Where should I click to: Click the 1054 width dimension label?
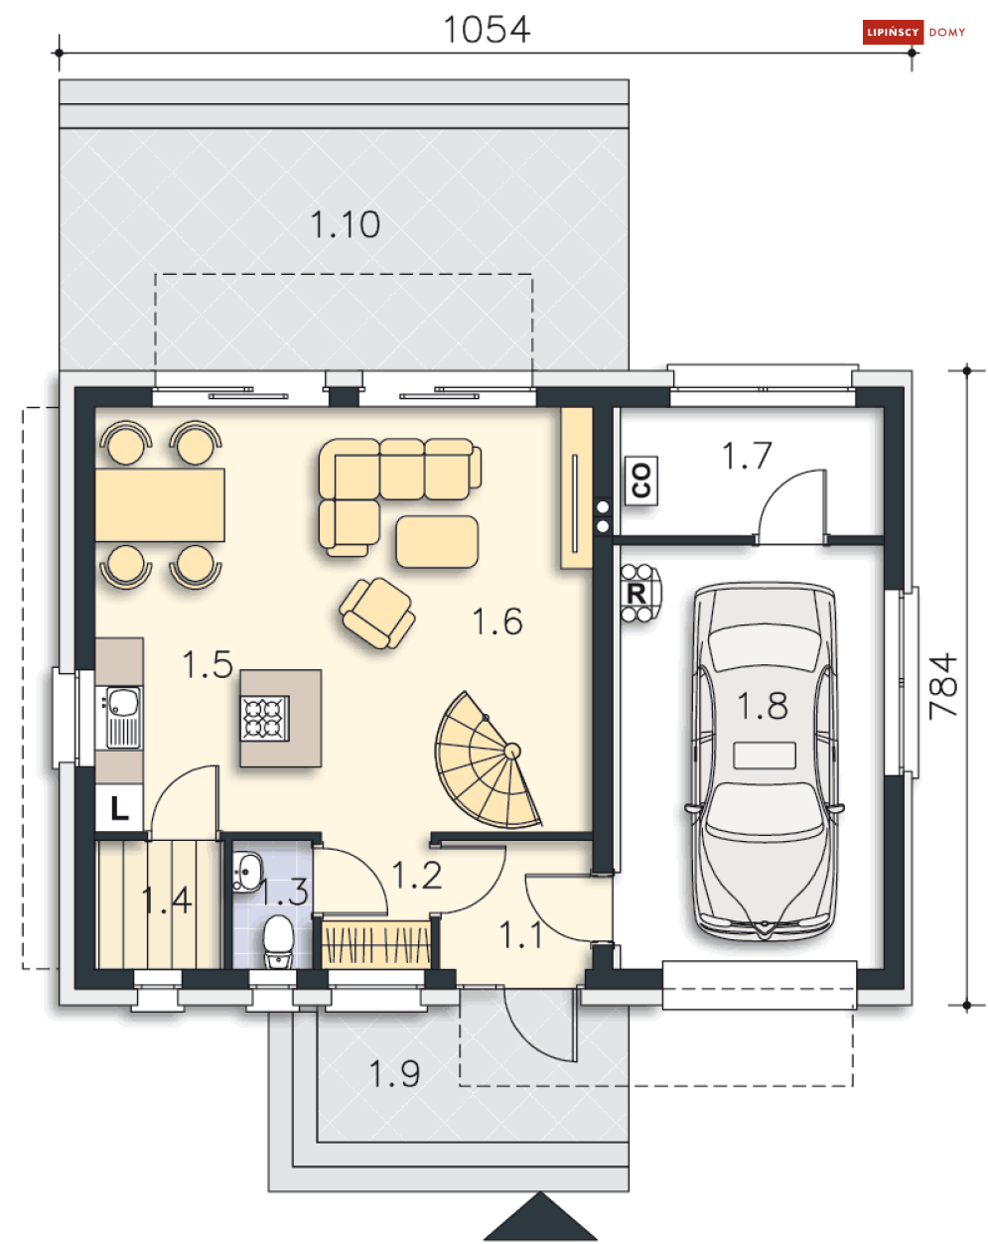click(487, 30)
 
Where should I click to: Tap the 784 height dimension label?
click(942, 686)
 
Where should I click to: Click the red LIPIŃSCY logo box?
click(892, 32)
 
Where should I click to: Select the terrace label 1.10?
click(346, 224)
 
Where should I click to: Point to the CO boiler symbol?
click(641, 480)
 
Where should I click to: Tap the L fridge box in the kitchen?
click(118, 808)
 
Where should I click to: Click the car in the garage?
click(765, 760)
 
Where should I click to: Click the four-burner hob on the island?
click(265, 719)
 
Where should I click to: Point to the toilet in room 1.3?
click(279, 941)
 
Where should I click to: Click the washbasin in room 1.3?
click(247, 873)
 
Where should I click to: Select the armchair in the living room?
click(377, 614)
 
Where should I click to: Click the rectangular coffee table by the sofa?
click(437, 541)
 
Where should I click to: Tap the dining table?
click(160, 504)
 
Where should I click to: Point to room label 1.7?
click(747, 456)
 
